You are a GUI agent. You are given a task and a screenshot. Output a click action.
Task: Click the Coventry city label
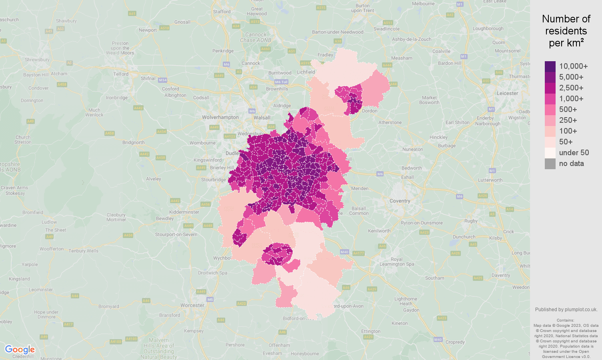point(400,201)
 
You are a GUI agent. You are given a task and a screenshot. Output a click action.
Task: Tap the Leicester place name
point(507,93)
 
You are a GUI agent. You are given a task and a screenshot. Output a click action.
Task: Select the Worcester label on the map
point(192,305)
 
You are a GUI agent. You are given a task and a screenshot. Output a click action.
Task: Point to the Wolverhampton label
point(220,117)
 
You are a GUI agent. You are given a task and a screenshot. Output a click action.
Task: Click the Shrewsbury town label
point(37,60)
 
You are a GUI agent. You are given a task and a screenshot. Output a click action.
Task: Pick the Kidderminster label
point(184,212)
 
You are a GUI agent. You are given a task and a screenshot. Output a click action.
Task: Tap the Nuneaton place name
point(412,149)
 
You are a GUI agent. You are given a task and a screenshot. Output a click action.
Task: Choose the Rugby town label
point(471,221)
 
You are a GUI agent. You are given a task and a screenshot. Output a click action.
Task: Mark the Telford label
point(121,74)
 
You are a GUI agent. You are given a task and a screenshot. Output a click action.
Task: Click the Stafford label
point(222,12)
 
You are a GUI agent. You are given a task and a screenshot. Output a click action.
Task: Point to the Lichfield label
point(306,72)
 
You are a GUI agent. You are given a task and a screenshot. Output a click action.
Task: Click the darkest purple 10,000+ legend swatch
point(550,66)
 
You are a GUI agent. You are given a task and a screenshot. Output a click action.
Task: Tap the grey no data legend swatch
point(550,164)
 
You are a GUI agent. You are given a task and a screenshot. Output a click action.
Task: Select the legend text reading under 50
point(574,152)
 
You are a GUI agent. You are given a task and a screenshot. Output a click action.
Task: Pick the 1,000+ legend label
point(571,98)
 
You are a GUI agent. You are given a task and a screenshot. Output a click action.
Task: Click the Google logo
point(20,350)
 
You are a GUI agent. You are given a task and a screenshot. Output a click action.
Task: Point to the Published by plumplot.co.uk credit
point(566,309)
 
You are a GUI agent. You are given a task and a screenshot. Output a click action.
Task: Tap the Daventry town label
point(501,275)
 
